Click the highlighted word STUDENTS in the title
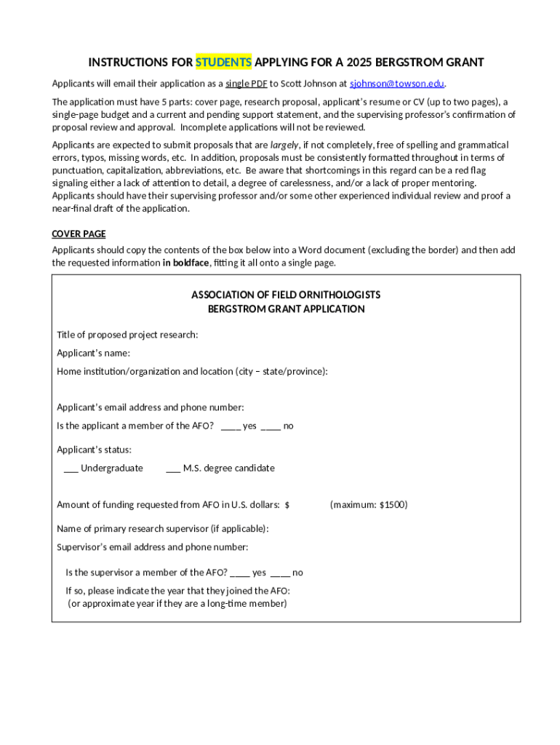click(223, 62)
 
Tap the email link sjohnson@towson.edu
click(397, 83)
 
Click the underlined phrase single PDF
click(246, 83)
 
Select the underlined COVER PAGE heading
click(79, 234)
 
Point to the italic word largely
click(284, 145)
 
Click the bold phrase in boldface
click(185, 263)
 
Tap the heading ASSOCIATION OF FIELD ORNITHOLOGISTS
click(286, 295)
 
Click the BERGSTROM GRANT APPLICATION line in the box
click(286, 308)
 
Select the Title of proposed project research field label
click(127, 335)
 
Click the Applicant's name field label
click(93, 353)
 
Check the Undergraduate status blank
click(71, 469)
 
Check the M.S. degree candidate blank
click(173, 469)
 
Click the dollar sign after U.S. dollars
click(287, 505)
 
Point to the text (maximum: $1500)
click(369, 504)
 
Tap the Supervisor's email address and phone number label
click(152, 546)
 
